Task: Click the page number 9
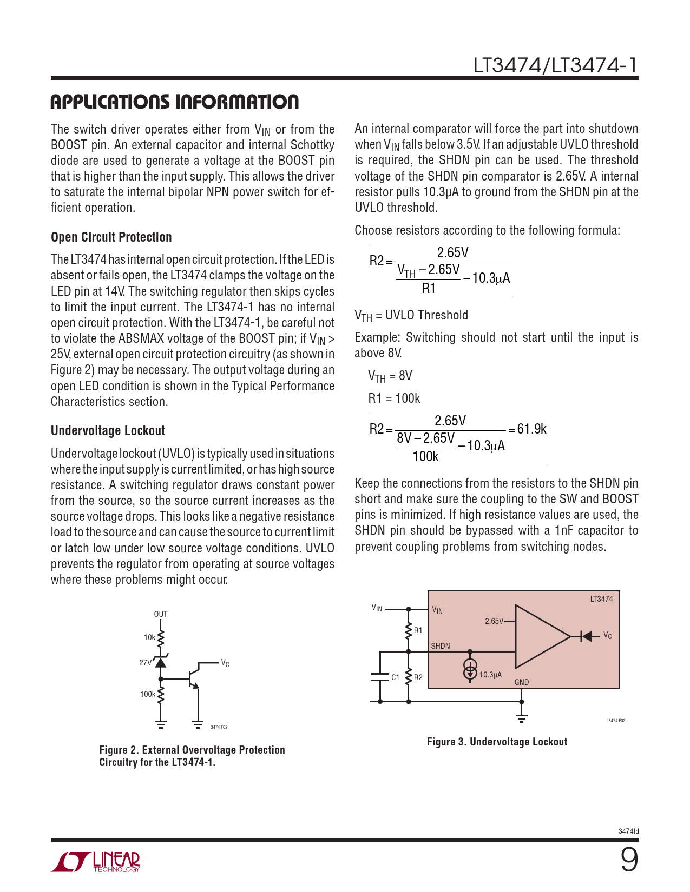(629, 860)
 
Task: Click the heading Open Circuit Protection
(111, 237)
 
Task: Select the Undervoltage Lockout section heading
(108, 431)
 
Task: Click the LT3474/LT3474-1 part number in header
(555, 65)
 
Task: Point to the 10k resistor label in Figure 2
(149, 637)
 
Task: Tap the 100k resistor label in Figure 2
(147, 694)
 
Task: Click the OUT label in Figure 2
(161, 614)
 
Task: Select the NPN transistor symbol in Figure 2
(192, 678)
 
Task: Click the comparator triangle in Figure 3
(538, 636)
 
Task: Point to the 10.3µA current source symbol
(470, 669)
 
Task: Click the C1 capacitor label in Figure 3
(395, 677)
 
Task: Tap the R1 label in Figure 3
(418, 630)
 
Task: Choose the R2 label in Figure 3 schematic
(418, 677)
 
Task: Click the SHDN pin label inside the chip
(441, 646)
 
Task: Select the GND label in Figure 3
(522, 682)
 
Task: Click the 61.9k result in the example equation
(531, 429)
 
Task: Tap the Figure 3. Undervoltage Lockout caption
(497, 742)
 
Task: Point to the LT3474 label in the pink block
(601, 599)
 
